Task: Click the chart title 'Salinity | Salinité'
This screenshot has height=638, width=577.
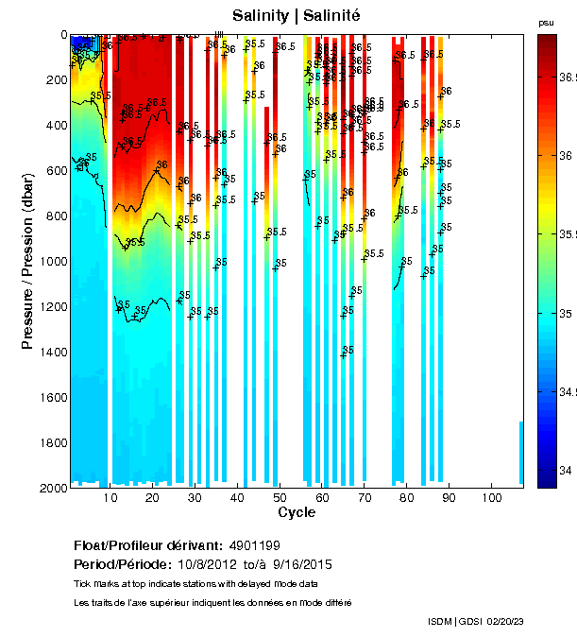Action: pyautogui.click(x=297, y=16)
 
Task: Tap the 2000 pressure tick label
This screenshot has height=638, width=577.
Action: pyautogui.click(x=51, y=488)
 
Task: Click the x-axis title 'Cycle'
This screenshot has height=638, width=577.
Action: pyautogui.click(x=297, y=512)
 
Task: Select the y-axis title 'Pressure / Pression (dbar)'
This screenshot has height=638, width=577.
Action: pyautogui.click(x=27, y=261)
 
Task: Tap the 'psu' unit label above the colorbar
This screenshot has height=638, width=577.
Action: pyautogui.click(x=545, y=23)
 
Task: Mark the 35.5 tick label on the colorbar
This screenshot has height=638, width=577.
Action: pyautogui.click(x=569, y=234)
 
